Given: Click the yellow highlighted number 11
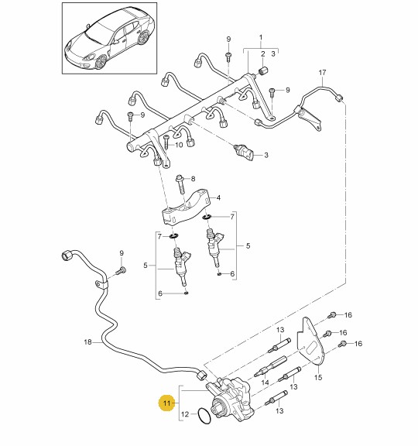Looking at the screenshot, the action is click(166, 403).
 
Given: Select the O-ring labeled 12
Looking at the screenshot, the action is click(204, 416).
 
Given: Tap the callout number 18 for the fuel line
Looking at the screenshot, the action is click(88, 342).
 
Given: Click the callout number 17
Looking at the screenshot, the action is click(322, 73).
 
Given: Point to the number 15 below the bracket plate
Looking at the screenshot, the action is click(318, 377).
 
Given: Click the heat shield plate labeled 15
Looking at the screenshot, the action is click(310, 341).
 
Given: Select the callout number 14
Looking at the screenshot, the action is click(265, 382).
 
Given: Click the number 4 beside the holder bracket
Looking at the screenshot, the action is click(218, 197).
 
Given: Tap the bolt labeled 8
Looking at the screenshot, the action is click(181, 184).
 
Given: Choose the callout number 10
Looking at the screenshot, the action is click(179, 145).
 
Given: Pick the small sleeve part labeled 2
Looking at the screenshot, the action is click(263, 70).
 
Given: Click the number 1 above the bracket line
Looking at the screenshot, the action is click(261, 37).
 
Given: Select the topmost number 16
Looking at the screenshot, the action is click(348, 315).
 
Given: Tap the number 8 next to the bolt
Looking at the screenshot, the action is click(193, 179).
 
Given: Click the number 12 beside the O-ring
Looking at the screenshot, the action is click(185, 413).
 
